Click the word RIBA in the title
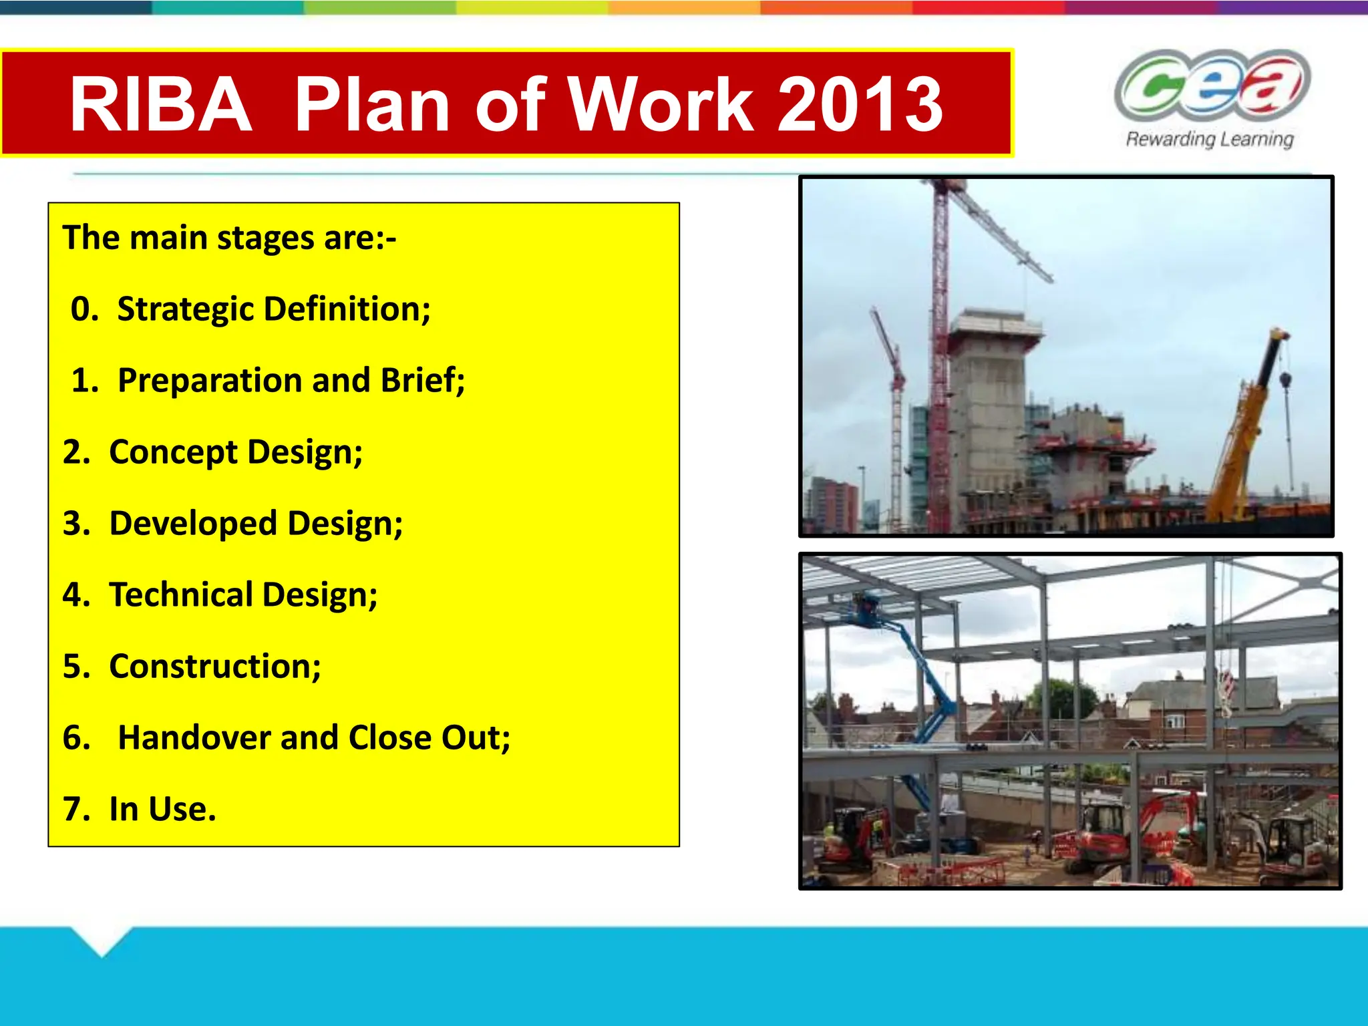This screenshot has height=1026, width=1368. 160,105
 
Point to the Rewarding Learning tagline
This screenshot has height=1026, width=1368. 1210,139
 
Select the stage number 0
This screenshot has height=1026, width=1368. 84,309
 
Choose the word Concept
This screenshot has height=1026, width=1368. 173,452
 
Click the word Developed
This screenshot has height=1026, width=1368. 192,523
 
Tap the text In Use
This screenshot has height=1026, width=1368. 162,809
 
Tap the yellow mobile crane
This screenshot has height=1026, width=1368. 1248,427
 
